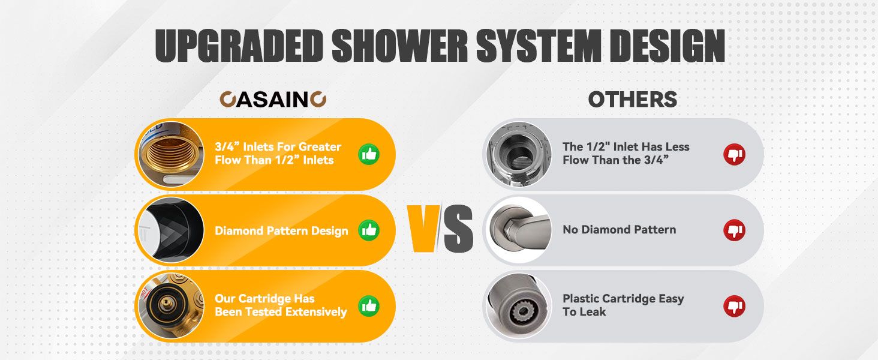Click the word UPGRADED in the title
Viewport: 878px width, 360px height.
coord(239,46)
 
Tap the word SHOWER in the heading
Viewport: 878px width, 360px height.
coord(400,46)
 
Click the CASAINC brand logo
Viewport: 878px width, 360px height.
coord(273,99)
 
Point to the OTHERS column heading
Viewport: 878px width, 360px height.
coord(633,99)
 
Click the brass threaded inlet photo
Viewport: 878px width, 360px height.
coord(172,154)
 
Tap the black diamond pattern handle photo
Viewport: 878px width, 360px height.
coord(172,230)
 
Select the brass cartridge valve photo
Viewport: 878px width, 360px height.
coord(172,306)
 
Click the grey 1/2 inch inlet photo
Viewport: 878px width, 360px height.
coord(519,154)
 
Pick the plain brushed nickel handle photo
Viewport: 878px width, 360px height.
coord(519,230)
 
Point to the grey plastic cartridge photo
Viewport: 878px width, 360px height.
coord(519,306)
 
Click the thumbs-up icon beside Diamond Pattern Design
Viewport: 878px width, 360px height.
coord(369,230)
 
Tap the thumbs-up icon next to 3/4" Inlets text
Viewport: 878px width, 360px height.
coord(369,155)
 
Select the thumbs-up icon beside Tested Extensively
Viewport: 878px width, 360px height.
coord(369,306)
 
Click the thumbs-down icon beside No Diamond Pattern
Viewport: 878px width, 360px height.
coord(734,230)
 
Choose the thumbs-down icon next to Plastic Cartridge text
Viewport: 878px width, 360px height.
coord(734,306)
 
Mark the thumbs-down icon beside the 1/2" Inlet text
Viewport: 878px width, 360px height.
coord(734,155)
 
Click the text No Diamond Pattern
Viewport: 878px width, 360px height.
coord(620,230)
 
